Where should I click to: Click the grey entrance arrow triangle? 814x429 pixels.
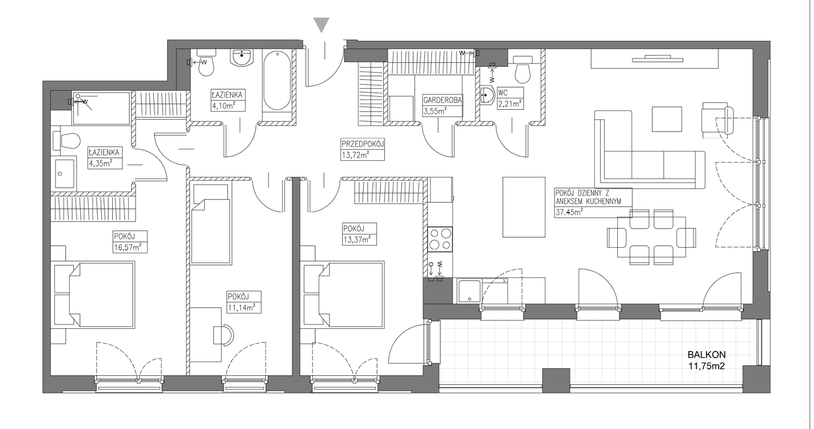(321, 25)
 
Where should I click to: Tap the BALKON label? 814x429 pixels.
(706, 355)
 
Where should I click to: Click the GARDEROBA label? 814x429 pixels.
(442, 100)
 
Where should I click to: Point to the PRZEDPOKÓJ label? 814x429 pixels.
(362, 144)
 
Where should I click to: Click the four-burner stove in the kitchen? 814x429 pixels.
(440, 239)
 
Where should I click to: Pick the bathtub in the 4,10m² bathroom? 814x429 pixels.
(277, 80)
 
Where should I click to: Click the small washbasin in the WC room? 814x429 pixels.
(486, 96)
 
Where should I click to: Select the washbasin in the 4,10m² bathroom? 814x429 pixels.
(241, 58)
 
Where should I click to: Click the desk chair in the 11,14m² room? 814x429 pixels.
(223, 335)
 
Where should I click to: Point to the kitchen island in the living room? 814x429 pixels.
(524, 206)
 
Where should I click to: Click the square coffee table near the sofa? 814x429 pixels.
(667, 119)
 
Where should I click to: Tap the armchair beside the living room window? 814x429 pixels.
(718, 120)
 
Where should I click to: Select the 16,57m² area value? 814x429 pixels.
(128, 247)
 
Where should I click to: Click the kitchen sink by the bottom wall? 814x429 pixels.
(469, 290)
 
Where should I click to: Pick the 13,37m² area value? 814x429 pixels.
(357, 239)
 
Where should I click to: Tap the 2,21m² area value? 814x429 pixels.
(510, 104)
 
